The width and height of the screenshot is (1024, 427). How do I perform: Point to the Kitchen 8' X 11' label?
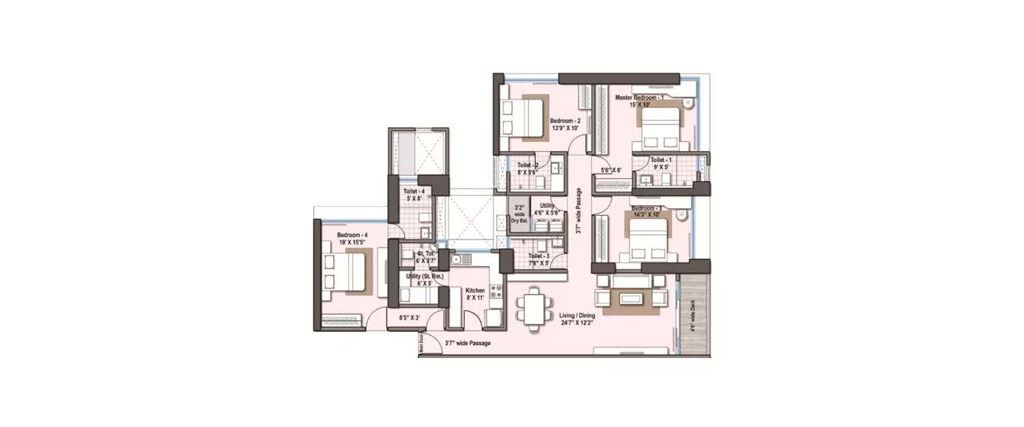[475, 294]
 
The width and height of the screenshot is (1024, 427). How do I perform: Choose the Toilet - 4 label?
[414, 195]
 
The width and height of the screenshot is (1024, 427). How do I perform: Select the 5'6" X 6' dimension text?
[611, 170]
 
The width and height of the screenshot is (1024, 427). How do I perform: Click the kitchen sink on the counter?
[456, 259]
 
